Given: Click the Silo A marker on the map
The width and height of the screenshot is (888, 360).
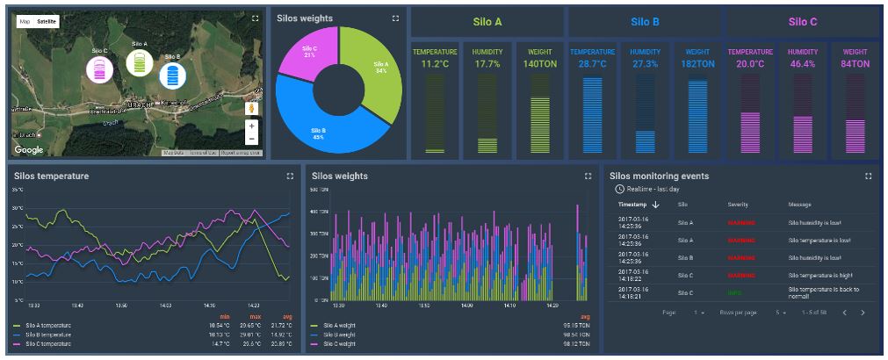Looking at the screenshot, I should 139,62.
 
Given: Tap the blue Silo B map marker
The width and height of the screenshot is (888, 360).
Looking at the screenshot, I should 172,75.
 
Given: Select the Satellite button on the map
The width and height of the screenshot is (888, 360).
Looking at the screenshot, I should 47,20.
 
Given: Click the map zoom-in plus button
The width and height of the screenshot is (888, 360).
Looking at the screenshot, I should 251,126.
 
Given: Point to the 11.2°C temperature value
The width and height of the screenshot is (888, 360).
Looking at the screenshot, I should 435,64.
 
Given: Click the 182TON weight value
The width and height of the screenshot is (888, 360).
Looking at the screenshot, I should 697,64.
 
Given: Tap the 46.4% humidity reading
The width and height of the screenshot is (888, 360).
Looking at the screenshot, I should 802,64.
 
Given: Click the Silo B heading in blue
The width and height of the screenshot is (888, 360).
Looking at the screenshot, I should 645,22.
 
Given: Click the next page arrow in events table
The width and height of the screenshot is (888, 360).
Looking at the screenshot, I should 863,313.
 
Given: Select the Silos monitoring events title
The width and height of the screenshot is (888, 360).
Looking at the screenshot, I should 659,176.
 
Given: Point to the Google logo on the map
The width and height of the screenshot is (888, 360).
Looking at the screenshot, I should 29,150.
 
